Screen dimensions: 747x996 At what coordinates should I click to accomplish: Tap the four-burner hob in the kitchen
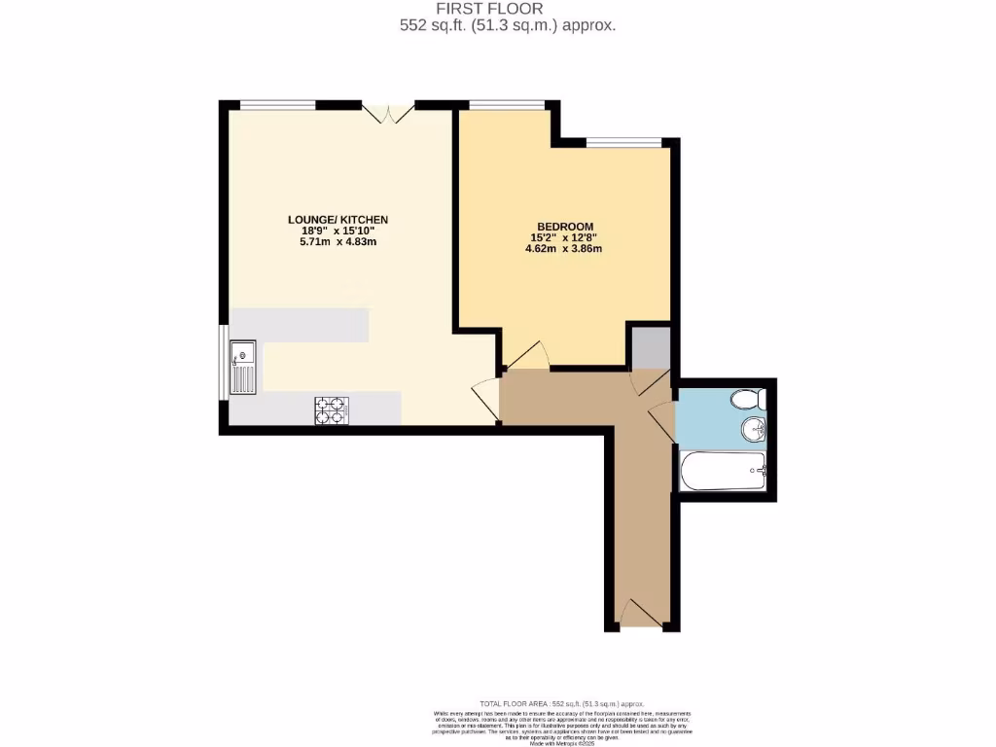331,410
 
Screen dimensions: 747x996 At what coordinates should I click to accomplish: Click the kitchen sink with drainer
242,367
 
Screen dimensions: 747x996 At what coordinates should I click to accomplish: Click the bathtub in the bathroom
723,473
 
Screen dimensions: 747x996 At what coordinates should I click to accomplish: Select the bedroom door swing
526,356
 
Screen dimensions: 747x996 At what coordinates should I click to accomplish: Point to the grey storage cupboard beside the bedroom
650,347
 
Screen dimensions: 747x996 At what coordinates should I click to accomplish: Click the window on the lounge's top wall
278,105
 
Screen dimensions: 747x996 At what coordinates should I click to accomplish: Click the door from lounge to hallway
485,399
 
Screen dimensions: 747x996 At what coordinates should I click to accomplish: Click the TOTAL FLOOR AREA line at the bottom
561,704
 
